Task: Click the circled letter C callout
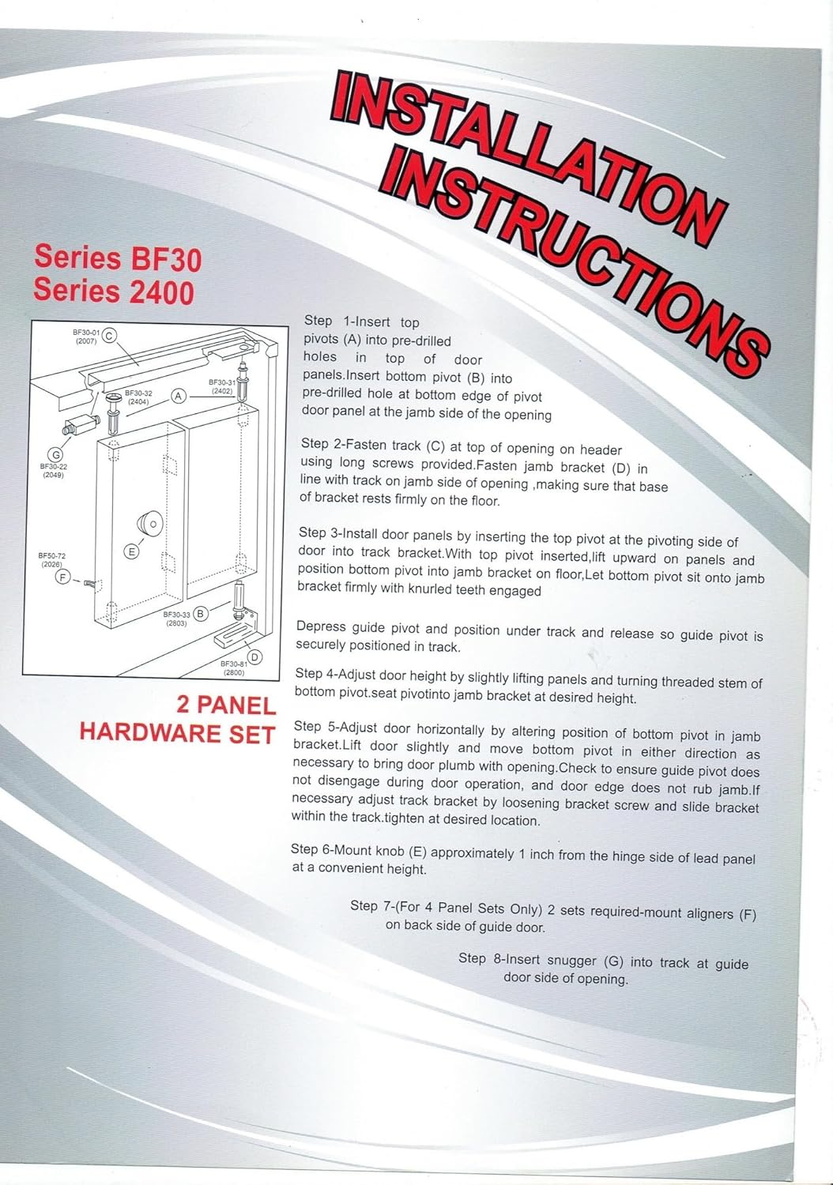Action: coord(110,335)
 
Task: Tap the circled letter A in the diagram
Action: coord(179,396)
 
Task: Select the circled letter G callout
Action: coord(55,454)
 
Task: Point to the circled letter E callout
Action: coord(132,551)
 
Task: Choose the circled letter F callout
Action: coord(63,577)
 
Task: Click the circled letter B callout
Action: coord(201,614)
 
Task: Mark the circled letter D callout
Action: coord(254,657)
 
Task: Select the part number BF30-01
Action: coord(85,333)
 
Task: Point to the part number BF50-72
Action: coord(51,556)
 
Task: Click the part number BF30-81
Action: coord(234,664)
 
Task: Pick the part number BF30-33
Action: coord(176,614)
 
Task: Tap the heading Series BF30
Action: coord(117,258)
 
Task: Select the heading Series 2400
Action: coord(113,292)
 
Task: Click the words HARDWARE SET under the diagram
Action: coord(176,732)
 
